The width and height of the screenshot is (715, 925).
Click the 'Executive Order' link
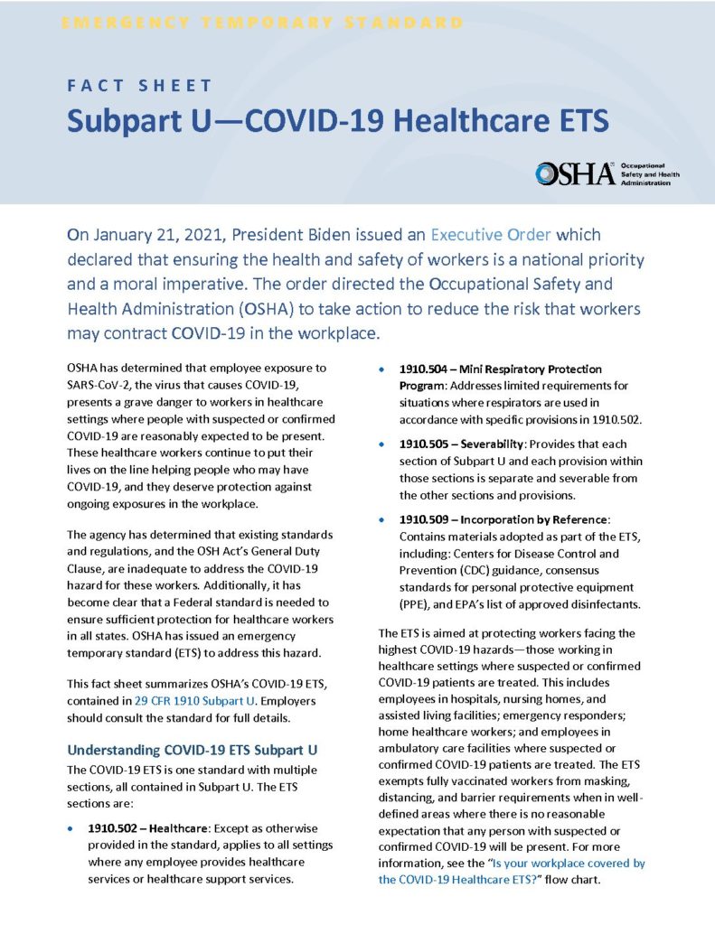(490, 235)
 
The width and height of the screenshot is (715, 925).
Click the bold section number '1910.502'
(115, 827)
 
